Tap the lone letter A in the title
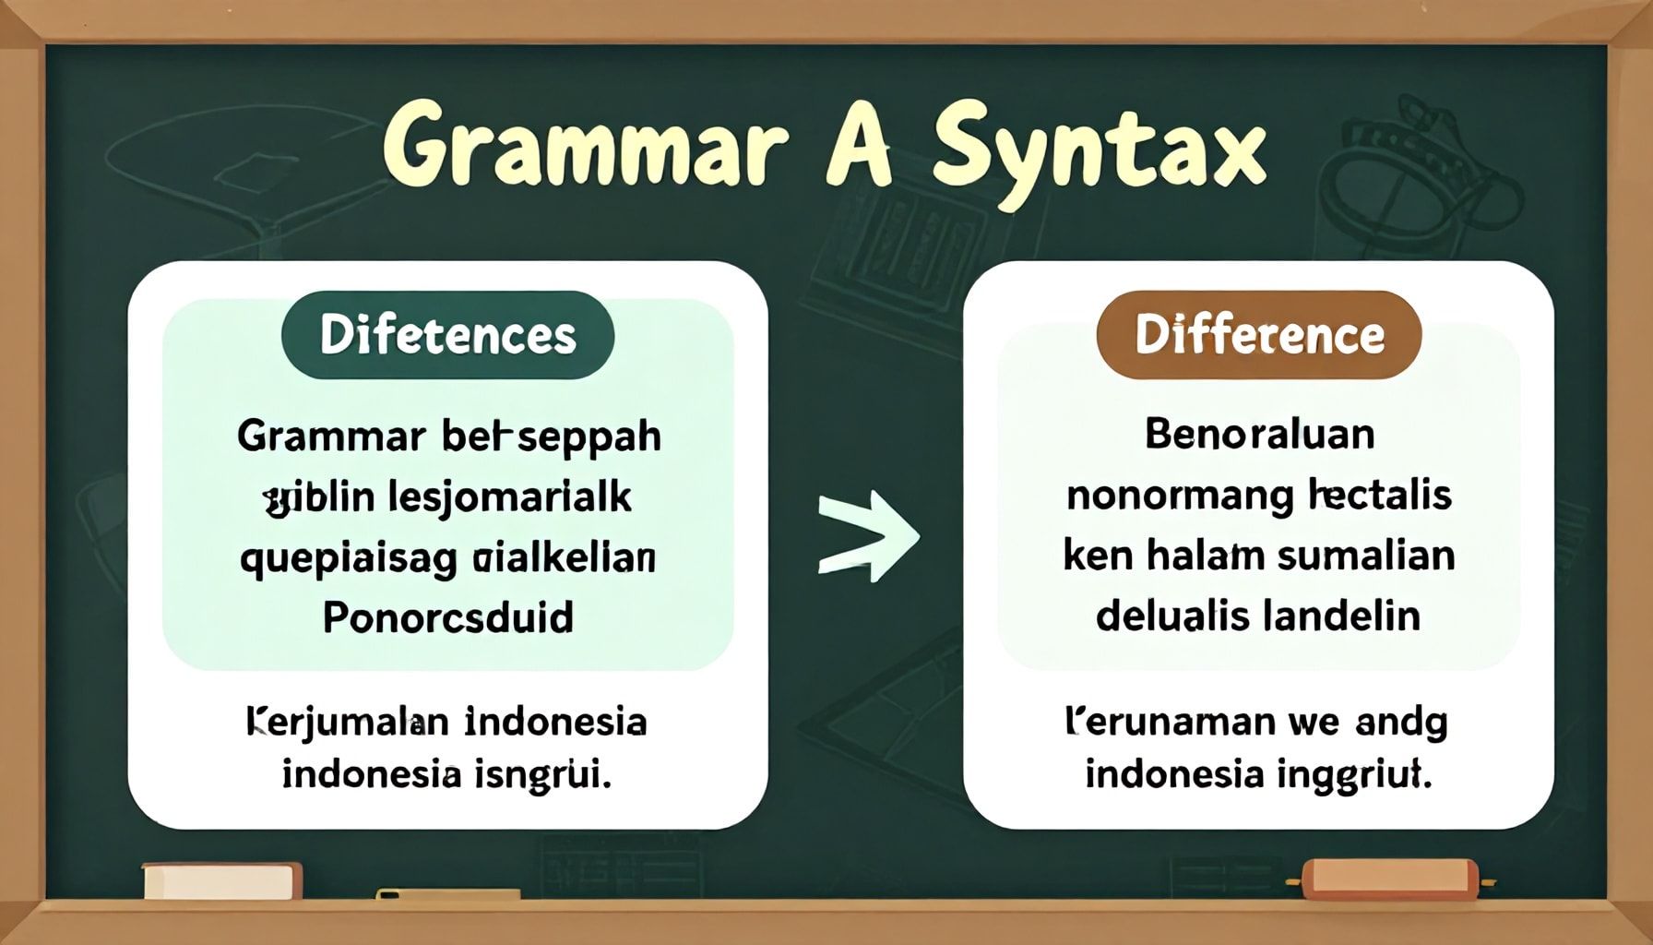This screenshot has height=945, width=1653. (859, 148)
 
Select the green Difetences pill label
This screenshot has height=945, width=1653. (447, 335)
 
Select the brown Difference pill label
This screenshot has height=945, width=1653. (1258, 335)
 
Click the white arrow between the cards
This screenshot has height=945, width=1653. (867, 537)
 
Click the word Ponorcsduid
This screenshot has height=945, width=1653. (447, 616)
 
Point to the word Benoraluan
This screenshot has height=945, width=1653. (1258, 434)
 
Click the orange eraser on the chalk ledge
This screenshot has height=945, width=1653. (1388, 878)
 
